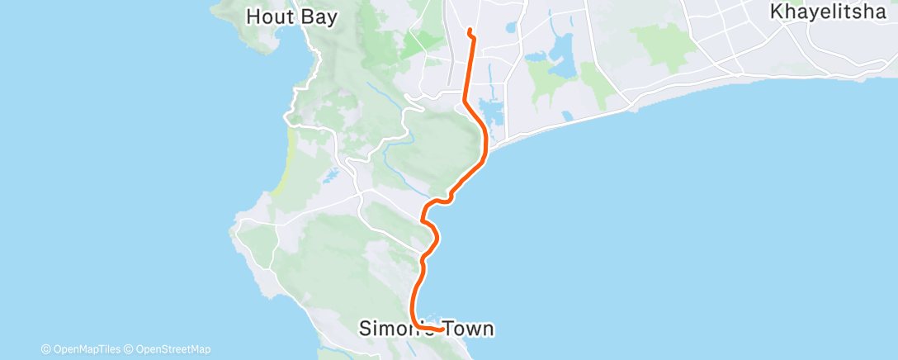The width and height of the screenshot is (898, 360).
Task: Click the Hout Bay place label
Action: [x=292, y=17]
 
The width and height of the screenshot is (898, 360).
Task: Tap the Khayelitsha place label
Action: [x=832, y=12]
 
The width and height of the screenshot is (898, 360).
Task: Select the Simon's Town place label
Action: [x=427, y=329]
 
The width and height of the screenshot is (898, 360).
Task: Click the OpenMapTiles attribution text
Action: [x=85, y=349]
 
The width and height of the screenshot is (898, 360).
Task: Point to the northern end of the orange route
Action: [x=469, y=31]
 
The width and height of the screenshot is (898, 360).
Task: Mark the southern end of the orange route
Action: [x=446, y=330]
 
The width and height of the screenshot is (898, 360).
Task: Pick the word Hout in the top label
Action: [x=266, y=17]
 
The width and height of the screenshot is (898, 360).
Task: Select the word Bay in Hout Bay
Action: [x=319, y=17]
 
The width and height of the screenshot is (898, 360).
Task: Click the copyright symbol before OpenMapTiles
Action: [x=45, y=349]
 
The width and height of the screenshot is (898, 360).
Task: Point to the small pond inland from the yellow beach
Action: [x=330, y=176]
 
